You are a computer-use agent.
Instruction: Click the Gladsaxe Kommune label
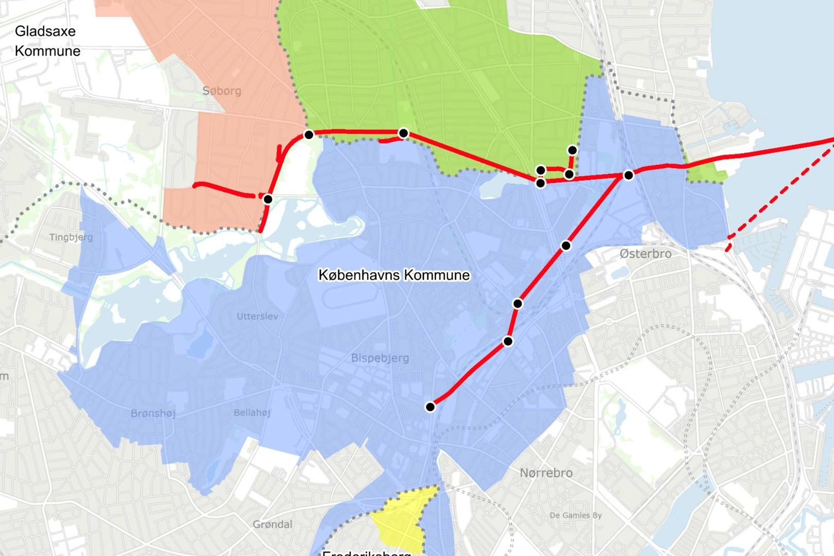(x=47, y=41)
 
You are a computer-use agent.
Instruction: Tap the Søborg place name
(x=221, y=91)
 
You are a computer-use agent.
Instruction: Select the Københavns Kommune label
(x=394, y=275)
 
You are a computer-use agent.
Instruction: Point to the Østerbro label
(x=645, y=254)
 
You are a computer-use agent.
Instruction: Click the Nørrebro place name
(x=546, y=473)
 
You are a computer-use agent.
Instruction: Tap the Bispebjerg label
(x=380, y=358)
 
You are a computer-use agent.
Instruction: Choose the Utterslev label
(x=257, y=316)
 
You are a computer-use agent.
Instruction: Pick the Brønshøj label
(x=153, y=413)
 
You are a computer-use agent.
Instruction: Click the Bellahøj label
(x=252, y=412)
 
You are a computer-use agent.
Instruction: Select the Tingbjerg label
(x=71, y=237)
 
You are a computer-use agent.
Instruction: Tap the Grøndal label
(x=272, y=524)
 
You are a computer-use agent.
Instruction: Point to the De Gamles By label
(x=575, y=515)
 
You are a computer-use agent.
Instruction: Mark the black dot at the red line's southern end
(x=430, y=407)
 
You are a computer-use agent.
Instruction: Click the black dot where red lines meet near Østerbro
(x=628, y=175)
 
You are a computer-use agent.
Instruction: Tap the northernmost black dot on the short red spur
(x=572, y=150)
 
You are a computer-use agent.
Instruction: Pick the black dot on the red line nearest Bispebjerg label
(x=508, y=341)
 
